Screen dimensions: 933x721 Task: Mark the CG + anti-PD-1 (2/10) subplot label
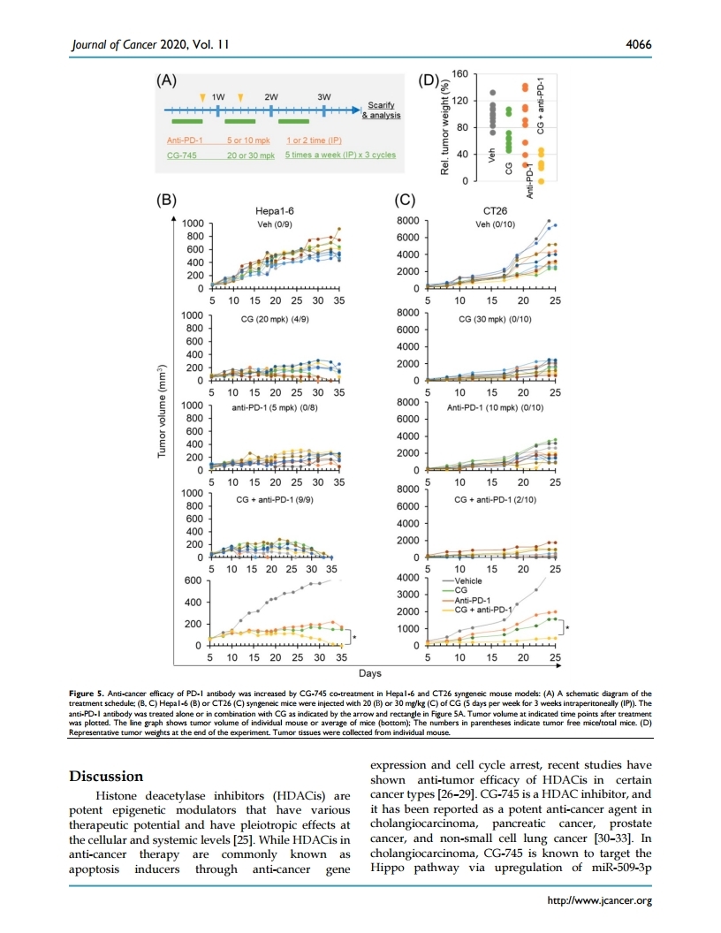[491, 500]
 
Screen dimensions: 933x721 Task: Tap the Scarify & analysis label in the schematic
[383, 110]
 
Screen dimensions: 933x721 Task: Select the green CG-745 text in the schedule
[182, 154]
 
